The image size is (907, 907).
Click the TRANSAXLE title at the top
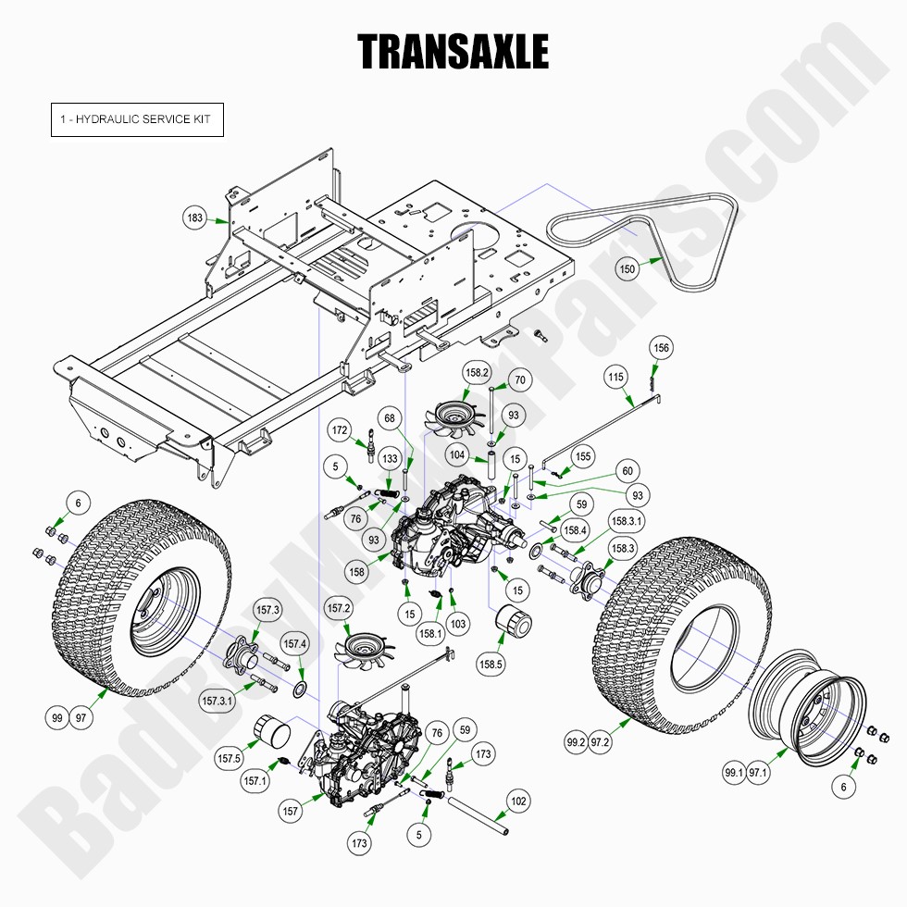pyautogui.click(x=453, y=52)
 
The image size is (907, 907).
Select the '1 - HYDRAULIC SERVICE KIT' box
pyautogui.click(x=137, y=120)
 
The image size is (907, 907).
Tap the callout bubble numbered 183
pyautogui.click(x=195, y=218)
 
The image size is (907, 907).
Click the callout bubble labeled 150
pyautogui.click(x=627, y=269)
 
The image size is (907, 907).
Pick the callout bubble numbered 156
pyautogui.click(x=661, y=348)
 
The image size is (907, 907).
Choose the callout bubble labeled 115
pyautogui.click(x=616, y=377)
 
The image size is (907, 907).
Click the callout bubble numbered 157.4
pyautogui.click(x=293, y=644)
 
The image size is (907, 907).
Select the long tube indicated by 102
pyautogui.click(x=479, y=819)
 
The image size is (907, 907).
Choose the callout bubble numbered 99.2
pyautogui.click(x=576, y=741)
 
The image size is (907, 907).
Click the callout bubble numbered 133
pyautogui.click(x=390, y=459)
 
